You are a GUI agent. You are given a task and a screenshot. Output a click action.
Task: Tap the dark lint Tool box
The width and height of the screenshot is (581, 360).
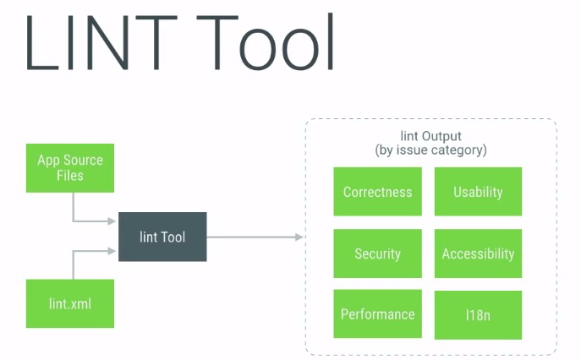(162, 237)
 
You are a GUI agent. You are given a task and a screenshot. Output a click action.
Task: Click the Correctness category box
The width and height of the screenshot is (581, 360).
(377, 192)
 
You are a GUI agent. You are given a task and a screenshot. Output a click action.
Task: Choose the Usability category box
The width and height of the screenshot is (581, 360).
(478, 192)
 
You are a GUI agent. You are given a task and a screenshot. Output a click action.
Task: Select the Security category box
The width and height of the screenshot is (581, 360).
(377, 254)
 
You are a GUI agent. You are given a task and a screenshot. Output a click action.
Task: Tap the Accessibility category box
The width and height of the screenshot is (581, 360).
(478, 254)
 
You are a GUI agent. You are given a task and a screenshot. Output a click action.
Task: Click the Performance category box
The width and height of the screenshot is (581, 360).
(377, 314)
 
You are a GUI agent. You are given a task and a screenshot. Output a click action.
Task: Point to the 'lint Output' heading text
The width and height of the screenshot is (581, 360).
(430, 135)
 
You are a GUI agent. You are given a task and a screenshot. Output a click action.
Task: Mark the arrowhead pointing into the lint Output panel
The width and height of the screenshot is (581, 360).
(298, 237)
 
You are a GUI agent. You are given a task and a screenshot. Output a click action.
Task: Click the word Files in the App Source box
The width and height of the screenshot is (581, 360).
(71, 175)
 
